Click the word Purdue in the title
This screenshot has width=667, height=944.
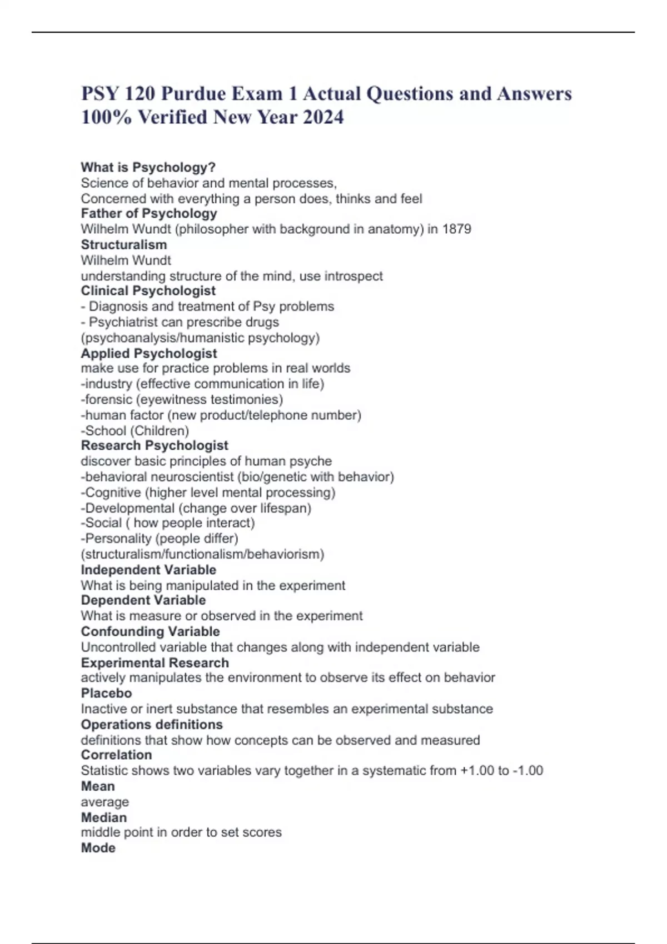[193, 94]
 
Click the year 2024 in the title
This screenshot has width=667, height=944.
[323, 118]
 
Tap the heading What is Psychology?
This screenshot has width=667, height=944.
[148, 167]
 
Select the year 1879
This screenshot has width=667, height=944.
[456, 229]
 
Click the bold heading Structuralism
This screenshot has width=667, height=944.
[123, 245]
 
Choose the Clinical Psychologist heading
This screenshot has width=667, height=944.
[148, 291]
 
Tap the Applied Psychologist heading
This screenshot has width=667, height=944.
[148, 353]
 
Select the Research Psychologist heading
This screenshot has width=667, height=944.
[155, 445]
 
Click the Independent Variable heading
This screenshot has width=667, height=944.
[148, 570]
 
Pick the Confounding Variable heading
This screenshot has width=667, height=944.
[150, 631]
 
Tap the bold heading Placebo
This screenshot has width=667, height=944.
[106, 693]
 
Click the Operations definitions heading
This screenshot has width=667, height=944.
[151, 725]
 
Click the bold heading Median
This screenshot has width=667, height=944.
[103, 817]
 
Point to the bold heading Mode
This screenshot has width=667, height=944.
[98, 848]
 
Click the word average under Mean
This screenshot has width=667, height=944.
[104, 802]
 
